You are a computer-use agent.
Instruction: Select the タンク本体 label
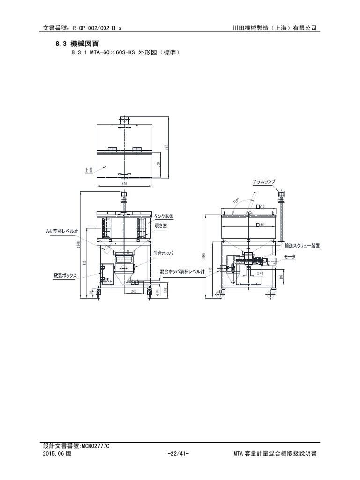click(x=164, y=216)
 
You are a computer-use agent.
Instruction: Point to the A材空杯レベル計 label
click(x=62, y=231)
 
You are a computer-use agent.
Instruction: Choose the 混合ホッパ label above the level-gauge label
click(x=163, y=253)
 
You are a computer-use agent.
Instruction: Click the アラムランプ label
click(x=263, y=181)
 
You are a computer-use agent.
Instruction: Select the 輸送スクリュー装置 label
click(x=301, y=245)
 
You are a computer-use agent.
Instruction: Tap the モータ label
click(x=289, y=257)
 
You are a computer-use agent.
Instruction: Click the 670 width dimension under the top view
click(x=124, y=184)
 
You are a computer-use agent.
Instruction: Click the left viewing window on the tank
click(x=106, y=228)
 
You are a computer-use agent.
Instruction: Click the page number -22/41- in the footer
click(x=178, y=455)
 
